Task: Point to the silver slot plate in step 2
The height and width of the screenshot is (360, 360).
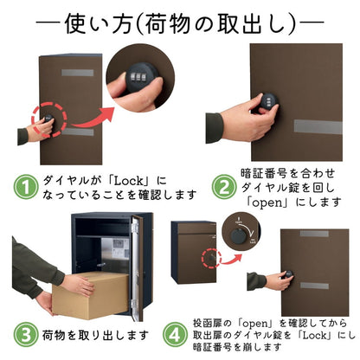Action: [317, 126]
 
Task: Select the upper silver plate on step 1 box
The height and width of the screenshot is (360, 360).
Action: [79, 72]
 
